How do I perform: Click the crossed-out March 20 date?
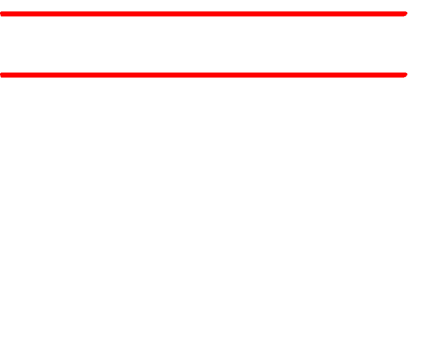pyautogui.click(x=53, y=11)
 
